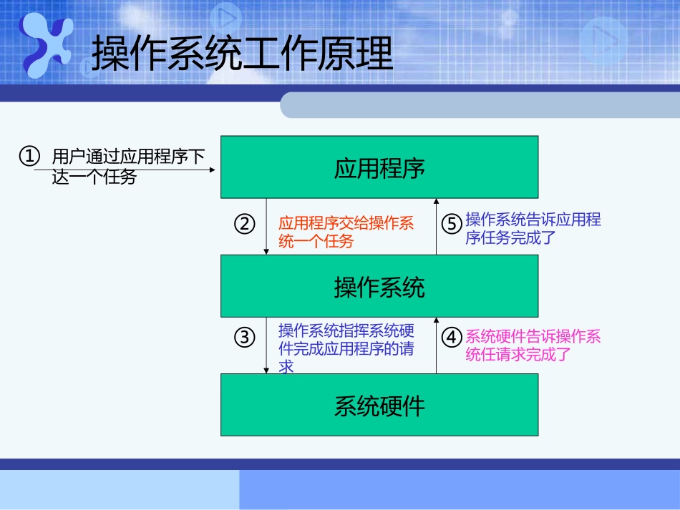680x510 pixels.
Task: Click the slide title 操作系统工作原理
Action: (x=243, y=53)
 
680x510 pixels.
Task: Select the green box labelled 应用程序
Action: (x=379, y=167)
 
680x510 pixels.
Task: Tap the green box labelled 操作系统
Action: (x=379, y=286)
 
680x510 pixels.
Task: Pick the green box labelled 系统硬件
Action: (x=379, y=405)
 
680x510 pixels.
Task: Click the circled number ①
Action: (x=29, y=156)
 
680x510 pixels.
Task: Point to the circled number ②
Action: (x=245, y=224)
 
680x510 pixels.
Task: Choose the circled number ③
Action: (x=245, y=337)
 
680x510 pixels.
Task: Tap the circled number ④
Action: (x=451, y=337)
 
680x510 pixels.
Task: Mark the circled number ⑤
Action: (x=451, y=224)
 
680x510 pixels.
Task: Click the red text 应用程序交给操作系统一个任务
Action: (x=346, y=232)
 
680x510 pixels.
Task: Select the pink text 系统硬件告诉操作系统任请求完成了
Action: (x=533, y=345)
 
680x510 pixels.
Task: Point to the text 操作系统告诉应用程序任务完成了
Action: (x=533, y=228)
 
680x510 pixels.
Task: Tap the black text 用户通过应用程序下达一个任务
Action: (x=129, y=166)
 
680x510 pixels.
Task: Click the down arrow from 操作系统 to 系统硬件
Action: (x=266, y=345)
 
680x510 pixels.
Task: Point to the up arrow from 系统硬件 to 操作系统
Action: (x=437, y=345)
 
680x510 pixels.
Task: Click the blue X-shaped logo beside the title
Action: (x=47, y=44)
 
